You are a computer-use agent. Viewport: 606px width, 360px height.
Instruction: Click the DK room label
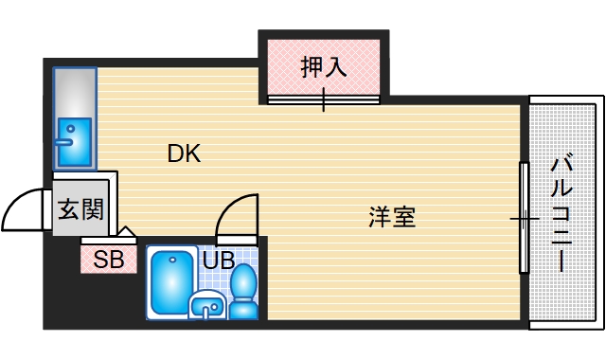pos(185,153)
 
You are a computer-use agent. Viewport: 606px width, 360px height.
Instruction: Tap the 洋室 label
pos(392,217)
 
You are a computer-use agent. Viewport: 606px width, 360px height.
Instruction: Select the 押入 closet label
pos(324,67)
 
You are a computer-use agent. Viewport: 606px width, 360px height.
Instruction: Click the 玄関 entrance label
pos(81,209)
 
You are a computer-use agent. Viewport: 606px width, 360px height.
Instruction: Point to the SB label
pos(108,260)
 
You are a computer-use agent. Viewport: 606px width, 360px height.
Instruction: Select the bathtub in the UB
pos(171,281)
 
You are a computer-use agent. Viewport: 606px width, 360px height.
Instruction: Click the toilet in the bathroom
pos(244,290)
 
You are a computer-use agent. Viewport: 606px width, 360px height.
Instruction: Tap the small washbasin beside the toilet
pos(207,305)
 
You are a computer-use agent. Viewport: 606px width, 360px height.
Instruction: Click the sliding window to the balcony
pos(523,218)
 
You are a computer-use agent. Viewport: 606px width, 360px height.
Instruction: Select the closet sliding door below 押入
pos(324,98)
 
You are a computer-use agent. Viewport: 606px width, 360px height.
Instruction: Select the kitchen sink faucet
pos(63,140)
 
